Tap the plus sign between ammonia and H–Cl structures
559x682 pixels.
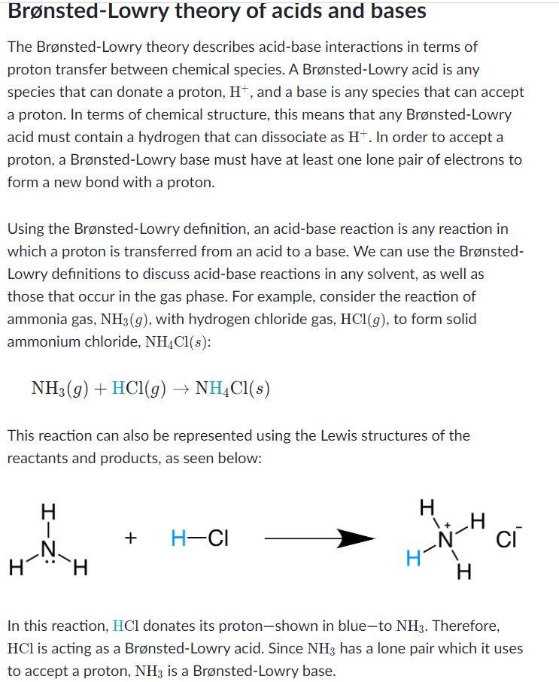131,538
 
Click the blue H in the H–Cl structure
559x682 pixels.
178,538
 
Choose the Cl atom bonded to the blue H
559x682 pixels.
217,538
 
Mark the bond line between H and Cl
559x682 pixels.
196,538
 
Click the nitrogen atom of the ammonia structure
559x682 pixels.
48,547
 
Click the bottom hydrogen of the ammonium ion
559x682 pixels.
464,574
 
